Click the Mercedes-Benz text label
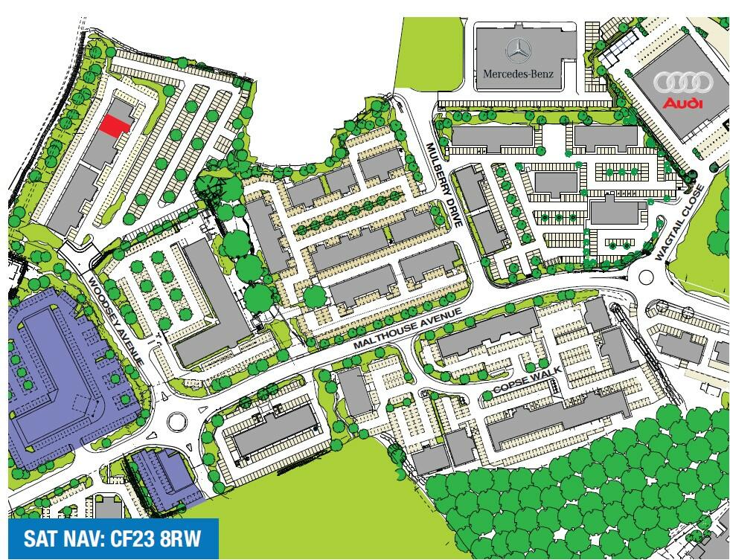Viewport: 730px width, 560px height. point(519,74)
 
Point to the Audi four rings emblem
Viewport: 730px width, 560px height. point(682,83)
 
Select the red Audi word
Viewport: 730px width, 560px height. point(682,103)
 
